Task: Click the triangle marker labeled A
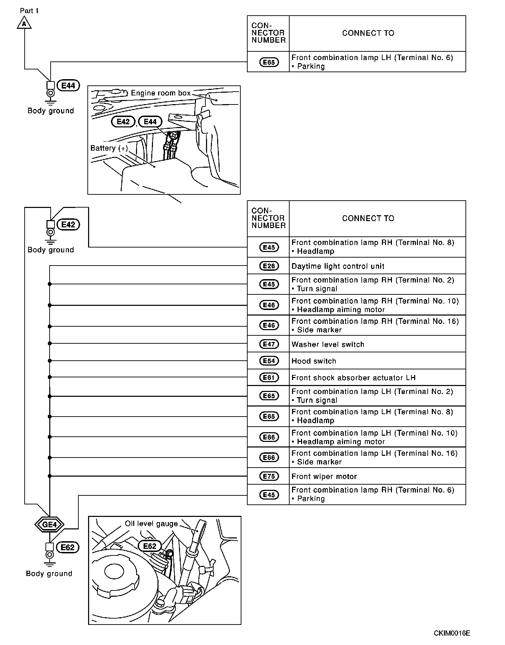point(24,24)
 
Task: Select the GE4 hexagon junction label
point(49,525)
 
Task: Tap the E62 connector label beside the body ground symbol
point(68,547)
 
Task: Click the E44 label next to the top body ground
point(68,85)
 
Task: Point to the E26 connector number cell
point(269,266)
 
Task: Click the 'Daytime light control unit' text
point(338,266)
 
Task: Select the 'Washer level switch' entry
point(328,344)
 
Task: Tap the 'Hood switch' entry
point(314,361)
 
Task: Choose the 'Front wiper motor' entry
point(324,476)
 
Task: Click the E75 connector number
point(269,476)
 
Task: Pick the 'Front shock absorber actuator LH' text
point(353,378)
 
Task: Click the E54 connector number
point(269,361)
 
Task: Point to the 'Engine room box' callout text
point(161,93)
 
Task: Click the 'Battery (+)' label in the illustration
point(109,148)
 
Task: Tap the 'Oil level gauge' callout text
point(151,523)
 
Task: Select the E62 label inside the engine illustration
point(150,546)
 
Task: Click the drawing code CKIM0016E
point(452,633)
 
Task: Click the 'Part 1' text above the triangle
point(29,11)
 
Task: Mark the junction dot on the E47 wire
point(50,344)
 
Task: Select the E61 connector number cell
point(269,378)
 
